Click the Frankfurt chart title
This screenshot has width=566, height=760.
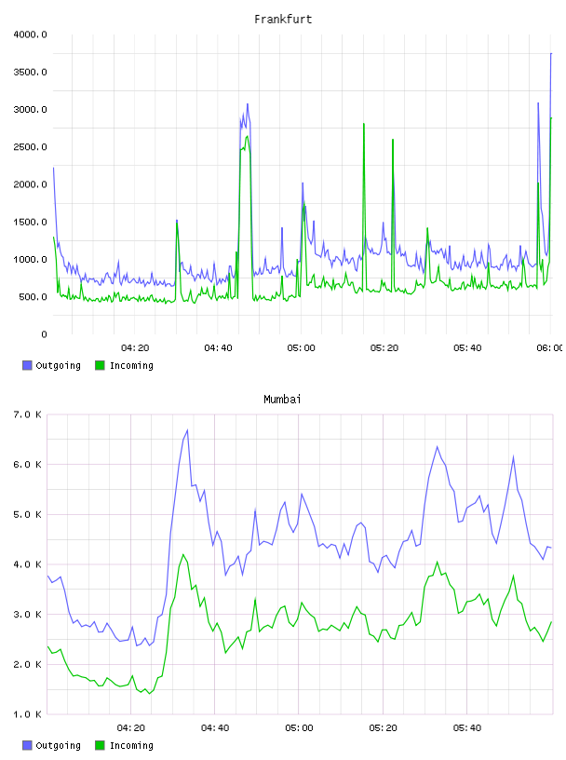click(283, 20)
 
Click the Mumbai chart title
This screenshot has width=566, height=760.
click(282, 400)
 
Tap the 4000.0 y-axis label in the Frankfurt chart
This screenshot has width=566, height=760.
click(30, 34)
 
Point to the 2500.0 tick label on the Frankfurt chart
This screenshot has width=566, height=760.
click(30, 147)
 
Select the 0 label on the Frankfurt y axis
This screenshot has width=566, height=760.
click(44, 334)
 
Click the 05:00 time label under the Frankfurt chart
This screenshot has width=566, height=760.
click(301, 348)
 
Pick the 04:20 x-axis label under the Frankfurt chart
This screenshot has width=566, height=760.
click(135, 348)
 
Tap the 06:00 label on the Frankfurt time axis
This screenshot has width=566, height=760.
click(550, 348)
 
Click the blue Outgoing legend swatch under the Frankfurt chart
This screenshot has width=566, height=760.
click(27, 365)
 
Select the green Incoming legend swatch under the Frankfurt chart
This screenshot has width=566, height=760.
click(100, 365)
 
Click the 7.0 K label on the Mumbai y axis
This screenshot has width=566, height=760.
click(28, 414)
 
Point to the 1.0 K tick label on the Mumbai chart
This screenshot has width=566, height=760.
click(28, 714)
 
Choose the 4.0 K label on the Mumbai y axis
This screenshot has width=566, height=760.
click(28, 564)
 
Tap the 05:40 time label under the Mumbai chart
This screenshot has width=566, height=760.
click(467, 728)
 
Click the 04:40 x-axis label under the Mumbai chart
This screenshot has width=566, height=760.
click(215, 728)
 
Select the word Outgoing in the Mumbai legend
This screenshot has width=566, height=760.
click(58, 745)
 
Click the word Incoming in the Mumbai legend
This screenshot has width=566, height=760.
click(131, 745)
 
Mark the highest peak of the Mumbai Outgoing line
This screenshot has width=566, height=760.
click(187, 430)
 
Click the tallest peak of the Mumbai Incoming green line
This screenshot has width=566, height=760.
click(183, 554)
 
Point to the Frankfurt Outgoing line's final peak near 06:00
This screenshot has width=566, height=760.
click(551, 54)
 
